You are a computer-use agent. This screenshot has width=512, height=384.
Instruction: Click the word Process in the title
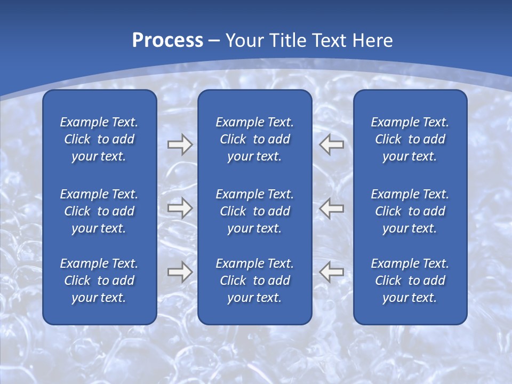(x=167, y=41)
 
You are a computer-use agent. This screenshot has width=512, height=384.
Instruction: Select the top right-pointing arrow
(x=180, y=144)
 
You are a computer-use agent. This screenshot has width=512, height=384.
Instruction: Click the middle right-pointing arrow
(x=180, y=208)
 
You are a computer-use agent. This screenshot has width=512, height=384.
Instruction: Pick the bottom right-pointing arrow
(x=180, y=271)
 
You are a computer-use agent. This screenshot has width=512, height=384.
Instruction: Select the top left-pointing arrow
(x=332, y=144)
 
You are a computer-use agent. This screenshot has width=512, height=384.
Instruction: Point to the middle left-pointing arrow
(x=332, y=208)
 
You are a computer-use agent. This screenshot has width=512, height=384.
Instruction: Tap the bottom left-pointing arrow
(x=332, y=271)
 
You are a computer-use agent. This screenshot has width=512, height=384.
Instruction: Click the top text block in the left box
(x=99, y=139)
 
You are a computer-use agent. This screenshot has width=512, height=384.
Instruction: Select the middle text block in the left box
(x=99, y=211)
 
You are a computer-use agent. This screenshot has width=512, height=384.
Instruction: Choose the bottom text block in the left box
(x=99, y=281)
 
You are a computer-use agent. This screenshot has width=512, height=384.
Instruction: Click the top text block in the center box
(x=254, y=139)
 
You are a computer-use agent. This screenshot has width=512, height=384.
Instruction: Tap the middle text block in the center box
(x=254, y=211)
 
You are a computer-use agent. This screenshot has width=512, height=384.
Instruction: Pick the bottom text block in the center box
(x=254, y=281)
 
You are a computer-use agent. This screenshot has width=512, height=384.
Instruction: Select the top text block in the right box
(x=410, y=139)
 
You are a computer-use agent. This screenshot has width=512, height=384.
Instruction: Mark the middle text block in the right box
(x=410, y=211)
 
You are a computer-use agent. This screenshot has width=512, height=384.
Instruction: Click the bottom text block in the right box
(x=410, y=281)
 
